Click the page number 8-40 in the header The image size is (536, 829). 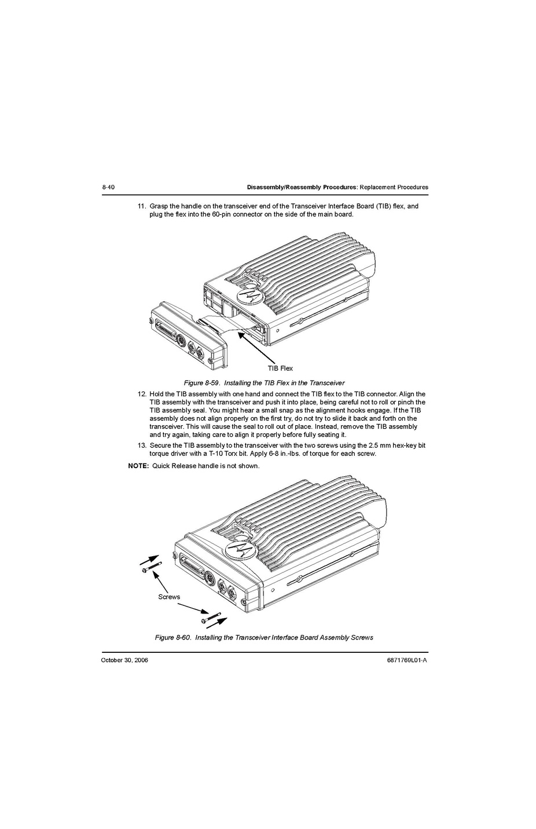point(108,187)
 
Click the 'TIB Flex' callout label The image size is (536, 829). point(280,368)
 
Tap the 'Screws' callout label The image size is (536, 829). point(169,597)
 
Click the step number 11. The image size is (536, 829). point(141,206)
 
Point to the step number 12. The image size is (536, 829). point(141,394)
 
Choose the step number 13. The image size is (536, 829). point(141,445)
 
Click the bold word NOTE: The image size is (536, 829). point(138,466)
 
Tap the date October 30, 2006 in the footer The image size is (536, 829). point(124,660)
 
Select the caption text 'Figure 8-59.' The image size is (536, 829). point(201,383)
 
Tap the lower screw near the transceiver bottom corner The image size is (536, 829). point(211,618)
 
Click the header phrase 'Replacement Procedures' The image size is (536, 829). point(395,187)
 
